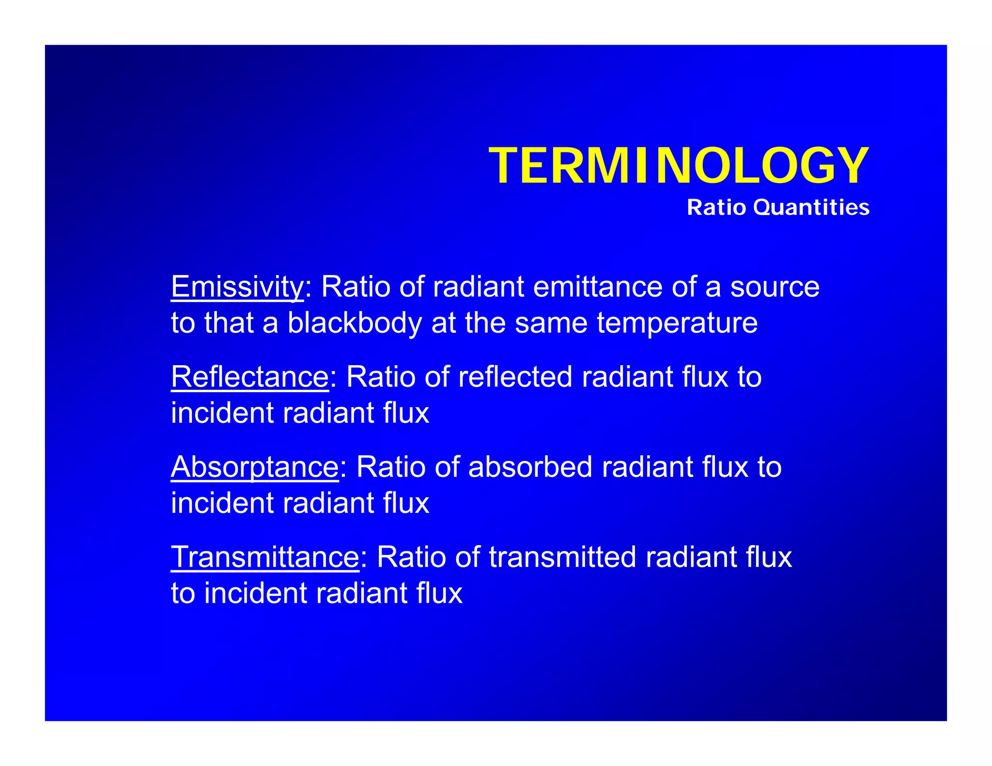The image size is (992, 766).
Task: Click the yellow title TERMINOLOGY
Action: [x=679, y=166]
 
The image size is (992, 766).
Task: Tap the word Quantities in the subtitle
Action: [x=811, y=208]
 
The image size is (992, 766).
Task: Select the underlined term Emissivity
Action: [x=237, y=287]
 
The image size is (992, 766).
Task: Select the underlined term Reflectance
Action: [x=250, y=377]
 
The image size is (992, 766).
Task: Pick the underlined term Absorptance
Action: [x=255, y=467]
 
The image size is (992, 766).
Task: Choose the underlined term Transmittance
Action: [x=265, y=557]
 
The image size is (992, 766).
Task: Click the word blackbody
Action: [x=355, y=323]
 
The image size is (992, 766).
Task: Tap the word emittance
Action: [x=598, y=287]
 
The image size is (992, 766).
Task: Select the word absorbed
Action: [x=530, y=467]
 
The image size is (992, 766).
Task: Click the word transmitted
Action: [x=562, y=557]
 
